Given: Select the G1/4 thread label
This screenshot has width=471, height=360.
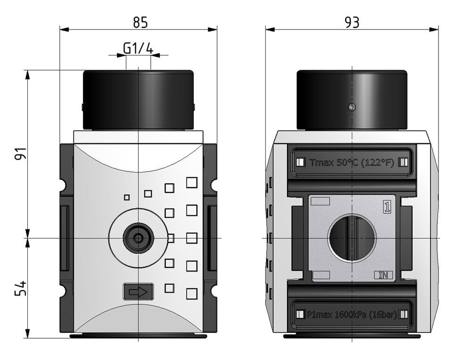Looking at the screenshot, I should [x=138, y=48].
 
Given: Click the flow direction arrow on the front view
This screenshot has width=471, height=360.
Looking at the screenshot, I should [x=138, y=292].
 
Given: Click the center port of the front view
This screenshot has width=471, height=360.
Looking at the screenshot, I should [x=138, y=238].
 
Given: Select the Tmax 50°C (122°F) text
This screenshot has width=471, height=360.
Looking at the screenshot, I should [x=351, y=163].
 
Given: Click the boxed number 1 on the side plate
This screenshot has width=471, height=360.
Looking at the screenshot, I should [x=387, y=207].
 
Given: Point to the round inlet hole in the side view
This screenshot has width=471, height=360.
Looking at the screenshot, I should [x=352, y=238].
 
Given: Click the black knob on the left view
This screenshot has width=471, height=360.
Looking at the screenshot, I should [x=138, y=100].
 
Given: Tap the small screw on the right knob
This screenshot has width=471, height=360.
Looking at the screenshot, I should [x=351, y=107].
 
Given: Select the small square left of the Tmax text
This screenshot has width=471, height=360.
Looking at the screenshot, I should [x=300, y=163].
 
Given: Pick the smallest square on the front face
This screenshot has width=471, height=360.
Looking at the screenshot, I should [x=126, y=197].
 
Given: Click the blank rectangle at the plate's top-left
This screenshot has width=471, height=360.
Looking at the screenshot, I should [x=320, y=202].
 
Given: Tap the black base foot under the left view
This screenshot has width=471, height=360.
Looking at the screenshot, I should [x=138, y=336].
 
